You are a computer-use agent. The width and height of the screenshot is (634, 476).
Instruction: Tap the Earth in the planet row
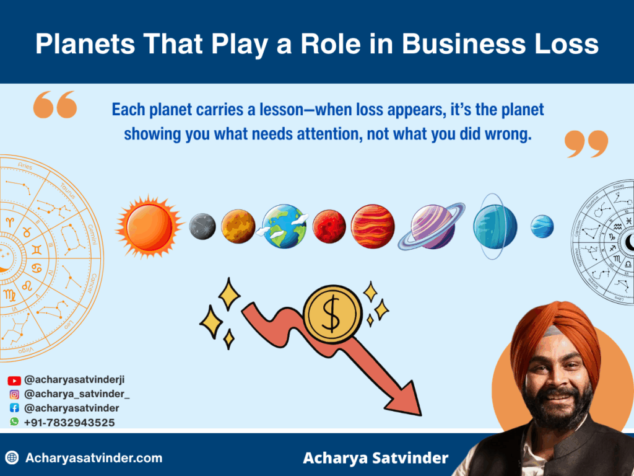click(x=284, y=226)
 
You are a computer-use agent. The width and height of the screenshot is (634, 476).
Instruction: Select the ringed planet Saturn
click(x=432, y=226)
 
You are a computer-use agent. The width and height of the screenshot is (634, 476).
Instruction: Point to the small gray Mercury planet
click(x=202, y=227)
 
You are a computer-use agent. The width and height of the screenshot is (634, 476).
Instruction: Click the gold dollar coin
click(x=332, y=317)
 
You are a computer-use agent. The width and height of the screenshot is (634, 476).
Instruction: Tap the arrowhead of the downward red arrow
click(x=406, y=397)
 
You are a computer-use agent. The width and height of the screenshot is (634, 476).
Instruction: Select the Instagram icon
click(x=14, y=394)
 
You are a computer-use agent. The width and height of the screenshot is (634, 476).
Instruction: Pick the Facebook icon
click(x=14, y=408)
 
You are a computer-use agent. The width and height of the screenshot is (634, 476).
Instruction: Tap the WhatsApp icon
click(x=14, y=422)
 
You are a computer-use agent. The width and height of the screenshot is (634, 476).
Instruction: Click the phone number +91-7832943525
click(x=69, y=423)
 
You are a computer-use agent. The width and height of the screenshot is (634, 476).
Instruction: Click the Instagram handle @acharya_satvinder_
click(x=77, y=394)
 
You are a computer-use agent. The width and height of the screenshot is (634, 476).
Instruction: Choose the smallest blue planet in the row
click(x=542, y=226)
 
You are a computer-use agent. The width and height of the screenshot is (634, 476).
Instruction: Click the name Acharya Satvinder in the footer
click(x=375, y=459)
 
